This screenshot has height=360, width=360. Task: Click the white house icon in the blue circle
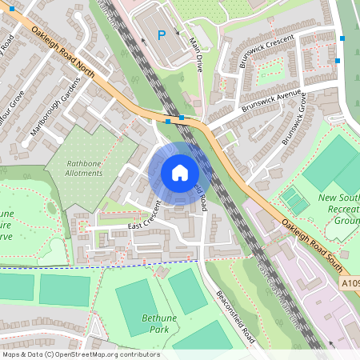pos(180,173)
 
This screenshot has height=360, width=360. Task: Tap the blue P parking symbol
pos(162,34)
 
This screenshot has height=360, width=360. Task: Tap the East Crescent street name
pos(146,216)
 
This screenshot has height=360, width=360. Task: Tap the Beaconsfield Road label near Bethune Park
pos(236,316)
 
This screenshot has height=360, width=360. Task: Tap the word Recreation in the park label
pos(339,208)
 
